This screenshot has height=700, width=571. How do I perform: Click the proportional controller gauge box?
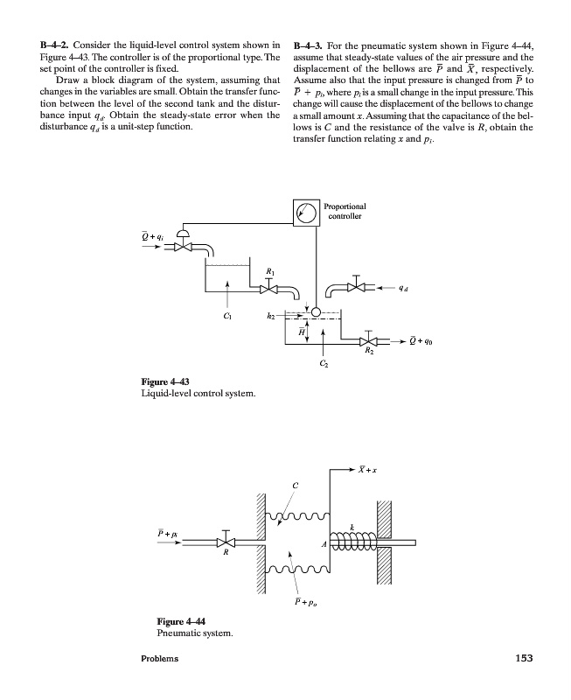pos(307,213)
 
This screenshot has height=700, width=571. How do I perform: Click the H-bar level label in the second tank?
pos(301,331)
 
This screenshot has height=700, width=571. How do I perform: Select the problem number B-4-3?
pos(312,44)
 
